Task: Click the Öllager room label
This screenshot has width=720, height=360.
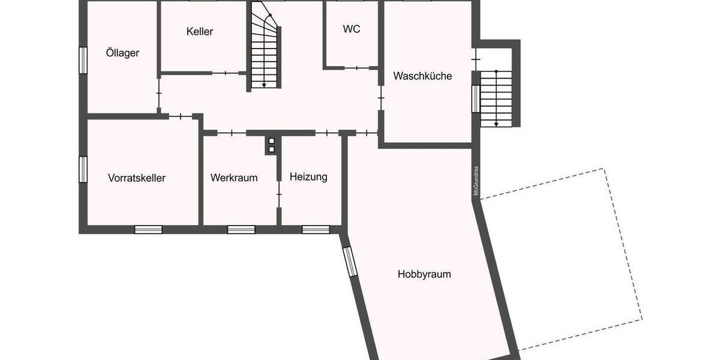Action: click(122, 53)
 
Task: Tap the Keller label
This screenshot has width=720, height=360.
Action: click(200, 31)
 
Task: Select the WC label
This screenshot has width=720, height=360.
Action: click(352, 29)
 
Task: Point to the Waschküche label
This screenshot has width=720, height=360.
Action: click(422, 76)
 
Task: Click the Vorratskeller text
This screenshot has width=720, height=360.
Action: click(137, 178)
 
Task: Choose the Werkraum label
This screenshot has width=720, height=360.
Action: click(234, 178)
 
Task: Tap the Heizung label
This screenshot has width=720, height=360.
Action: click(308, 177)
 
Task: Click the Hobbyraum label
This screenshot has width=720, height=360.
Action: click(424, 274)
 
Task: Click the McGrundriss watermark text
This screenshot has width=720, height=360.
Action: click(476, 181)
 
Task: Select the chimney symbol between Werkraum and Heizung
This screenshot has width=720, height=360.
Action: click(271, 145)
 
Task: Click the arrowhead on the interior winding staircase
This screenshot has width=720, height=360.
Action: click(265, 85)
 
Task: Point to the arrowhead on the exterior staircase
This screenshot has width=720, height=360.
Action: click(496, 124)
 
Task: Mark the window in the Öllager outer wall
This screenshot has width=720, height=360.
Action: click(83, 59)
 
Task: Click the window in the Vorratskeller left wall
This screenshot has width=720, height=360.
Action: click(83, 169)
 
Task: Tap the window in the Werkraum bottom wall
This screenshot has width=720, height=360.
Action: click(241, 229)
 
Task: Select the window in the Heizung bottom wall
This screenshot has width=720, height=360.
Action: click(316, 229)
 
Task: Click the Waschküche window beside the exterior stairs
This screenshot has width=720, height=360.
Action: click(475, 98)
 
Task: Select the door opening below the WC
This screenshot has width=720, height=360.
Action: click(356, 68)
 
